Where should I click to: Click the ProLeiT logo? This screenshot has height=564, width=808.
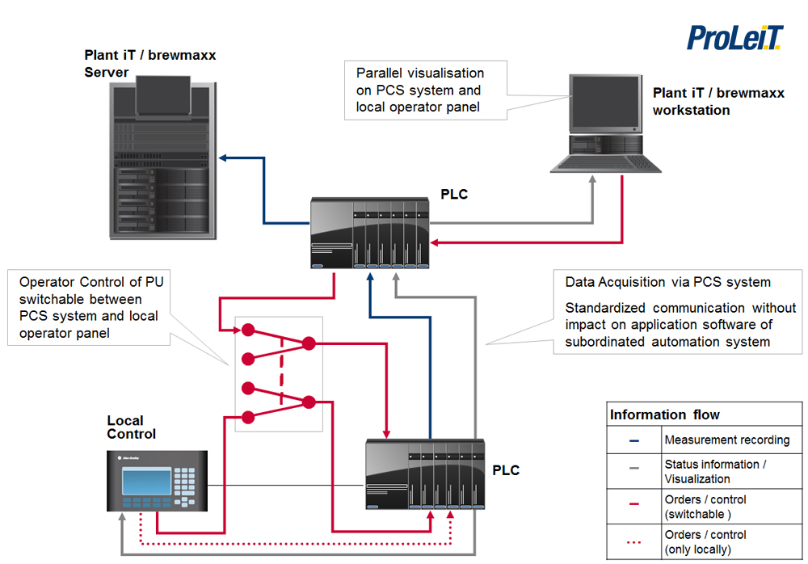(x=735, y=37)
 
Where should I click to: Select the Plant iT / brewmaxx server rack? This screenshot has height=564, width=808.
(x=162, y=158)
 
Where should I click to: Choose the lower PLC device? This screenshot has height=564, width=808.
(x=425, y=474)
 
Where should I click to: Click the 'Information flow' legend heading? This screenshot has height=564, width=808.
(x=665, y=415)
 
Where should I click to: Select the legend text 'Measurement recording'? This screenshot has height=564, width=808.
(x=726, y=440)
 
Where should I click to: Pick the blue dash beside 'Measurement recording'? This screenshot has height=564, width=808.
(x=634, y=441)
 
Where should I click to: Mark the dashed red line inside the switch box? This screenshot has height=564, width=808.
(x=280, y=371)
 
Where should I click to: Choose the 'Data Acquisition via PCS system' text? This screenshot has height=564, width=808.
(x=667, y=282)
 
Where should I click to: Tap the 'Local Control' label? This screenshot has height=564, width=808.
(x=131, y=427)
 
